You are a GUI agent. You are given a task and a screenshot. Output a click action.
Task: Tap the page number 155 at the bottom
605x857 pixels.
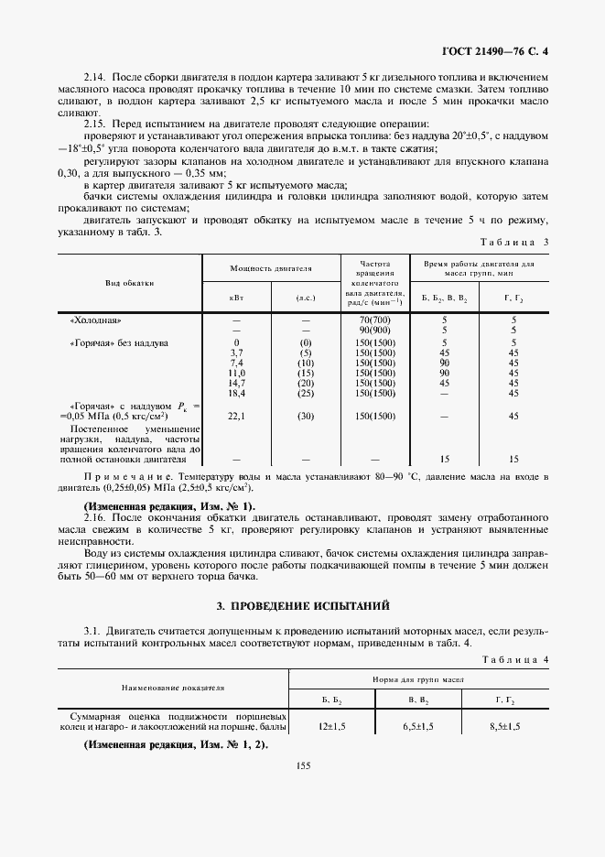[302, 766]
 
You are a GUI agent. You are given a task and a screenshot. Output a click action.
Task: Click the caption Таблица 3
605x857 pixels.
[518, 242]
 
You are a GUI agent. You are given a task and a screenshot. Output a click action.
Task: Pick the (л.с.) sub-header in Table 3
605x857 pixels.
[306, 298]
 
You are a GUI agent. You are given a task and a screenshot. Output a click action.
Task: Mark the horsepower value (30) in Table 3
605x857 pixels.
[306, 415]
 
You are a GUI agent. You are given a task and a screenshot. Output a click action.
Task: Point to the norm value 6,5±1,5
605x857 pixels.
[418, 725]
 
